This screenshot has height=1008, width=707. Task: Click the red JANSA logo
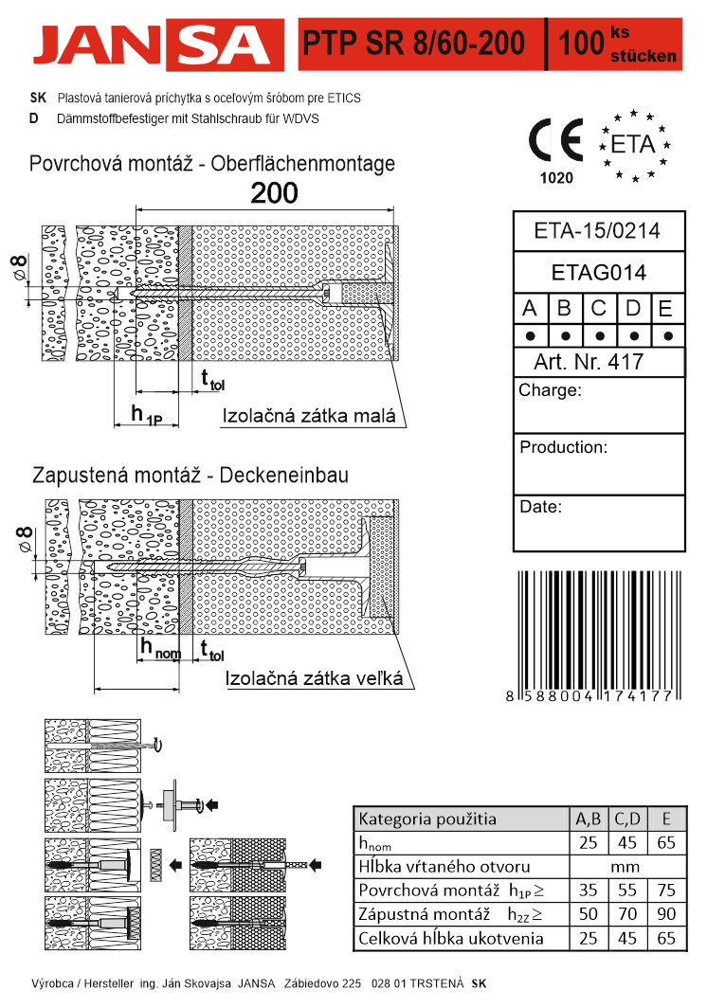158,45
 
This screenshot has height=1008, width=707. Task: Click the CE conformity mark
555,140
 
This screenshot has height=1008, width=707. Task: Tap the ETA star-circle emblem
634,145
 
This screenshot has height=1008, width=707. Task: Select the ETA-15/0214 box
598,231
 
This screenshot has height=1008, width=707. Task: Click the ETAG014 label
598,273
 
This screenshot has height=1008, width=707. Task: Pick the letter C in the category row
598,309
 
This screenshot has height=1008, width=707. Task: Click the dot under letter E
668,335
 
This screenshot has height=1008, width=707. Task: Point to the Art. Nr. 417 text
588,361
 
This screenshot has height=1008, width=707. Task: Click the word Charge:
550,390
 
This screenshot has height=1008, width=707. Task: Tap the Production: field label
563,447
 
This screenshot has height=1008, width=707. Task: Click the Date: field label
540,507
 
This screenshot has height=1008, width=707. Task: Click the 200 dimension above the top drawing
274,193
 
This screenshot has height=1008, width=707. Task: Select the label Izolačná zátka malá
309,416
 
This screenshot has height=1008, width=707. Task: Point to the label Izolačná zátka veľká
314,678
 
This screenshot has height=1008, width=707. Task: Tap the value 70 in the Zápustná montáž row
627,914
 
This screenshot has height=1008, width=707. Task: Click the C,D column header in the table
627,819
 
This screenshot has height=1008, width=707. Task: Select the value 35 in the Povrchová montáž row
588,891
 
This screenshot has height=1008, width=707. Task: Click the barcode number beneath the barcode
589,695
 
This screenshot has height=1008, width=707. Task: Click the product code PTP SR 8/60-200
413,43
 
